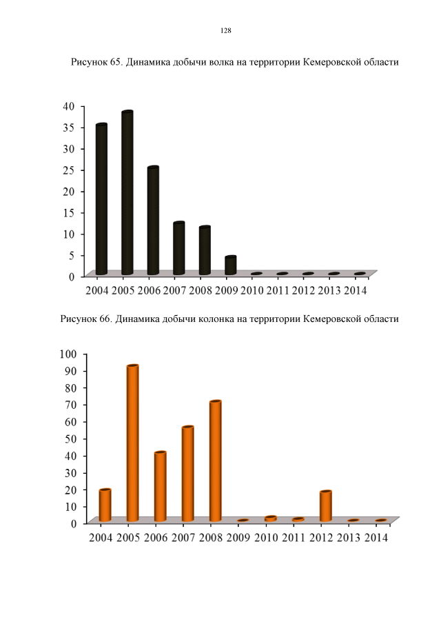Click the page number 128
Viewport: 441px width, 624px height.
click(225, 31)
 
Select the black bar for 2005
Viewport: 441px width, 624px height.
click(127, 193)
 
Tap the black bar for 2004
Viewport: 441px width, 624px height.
click(101, 199)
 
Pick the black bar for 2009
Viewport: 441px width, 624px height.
click(230, 265)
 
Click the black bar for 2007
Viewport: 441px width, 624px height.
click(178, 248)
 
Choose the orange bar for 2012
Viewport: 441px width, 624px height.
click(325, 506)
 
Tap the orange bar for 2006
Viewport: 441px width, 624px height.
click(160, 486)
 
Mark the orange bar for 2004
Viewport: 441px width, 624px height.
click(105, 505)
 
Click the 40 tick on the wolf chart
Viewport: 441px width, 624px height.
click(68, 105)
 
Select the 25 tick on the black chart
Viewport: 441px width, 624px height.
click(68, 170)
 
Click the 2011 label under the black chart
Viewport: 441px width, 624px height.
click(278, 290)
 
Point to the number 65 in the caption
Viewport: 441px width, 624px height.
click(115, 63)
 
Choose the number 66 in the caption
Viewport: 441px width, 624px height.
click(105, 319)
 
